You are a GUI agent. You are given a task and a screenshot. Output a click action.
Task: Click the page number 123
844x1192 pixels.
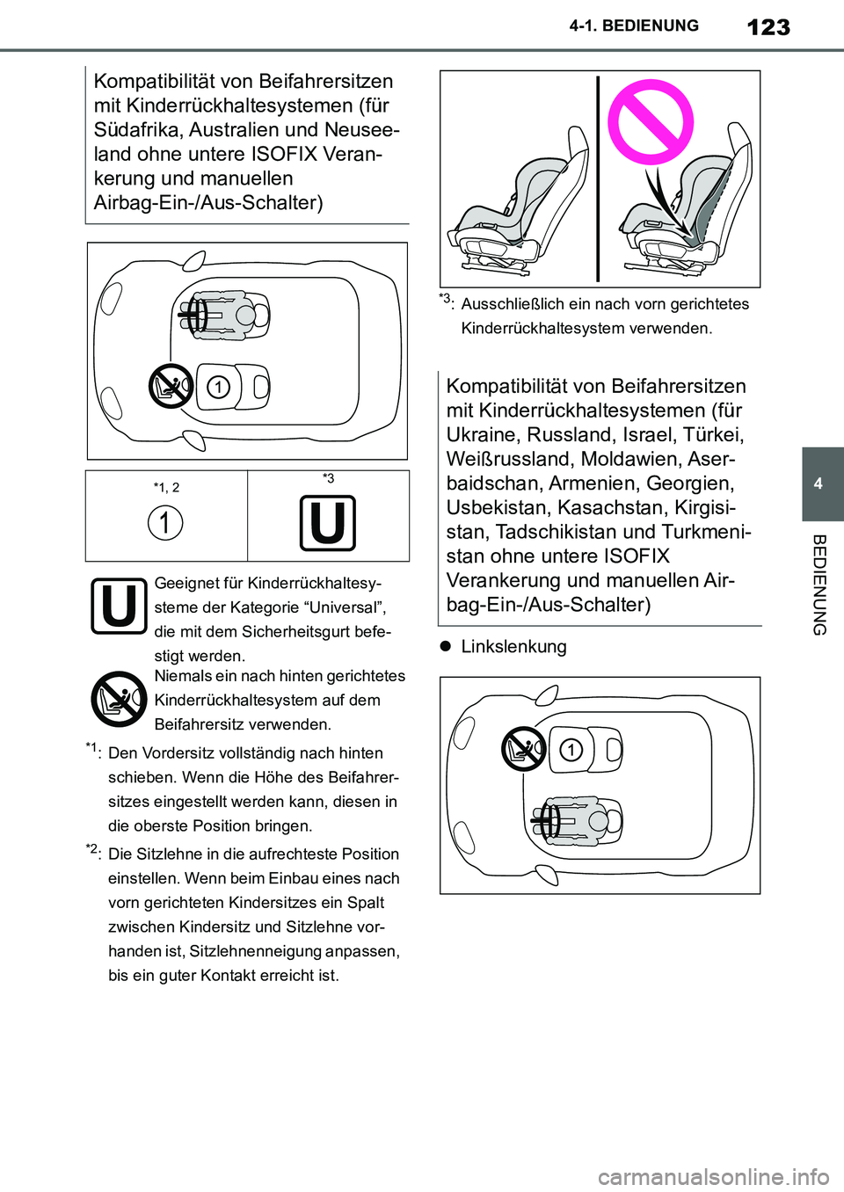click(x=768, y=27)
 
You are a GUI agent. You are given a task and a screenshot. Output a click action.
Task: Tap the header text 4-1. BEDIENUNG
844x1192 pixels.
click(x=634, y=26)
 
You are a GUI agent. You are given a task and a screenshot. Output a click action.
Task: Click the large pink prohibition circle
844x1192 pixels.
click(x=651, y=122)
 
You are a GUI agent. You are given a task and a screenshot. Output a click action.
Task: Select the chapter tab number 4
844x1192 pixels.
click(x=819, y=483)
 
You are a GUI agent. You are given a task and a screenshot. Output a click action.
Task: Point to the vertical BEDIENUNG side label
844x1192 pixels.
click(x=819, y=585)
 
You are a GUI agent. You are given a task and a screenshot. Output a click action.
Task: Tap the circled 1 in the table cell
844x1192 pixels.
click(x=165, y=522)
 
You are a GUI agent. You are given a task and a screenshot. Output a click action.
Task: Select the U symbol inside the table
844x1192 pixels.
click(x=328, y=523)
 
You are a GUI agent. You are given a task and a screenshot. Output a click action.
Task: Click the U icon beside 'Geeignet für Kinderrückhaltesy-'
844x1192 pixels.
click(x=119, y=607)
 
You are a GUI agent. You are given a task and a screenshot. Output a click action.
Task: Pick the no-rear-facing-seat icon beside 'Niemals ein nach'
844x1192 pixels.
click(x=119, y=700)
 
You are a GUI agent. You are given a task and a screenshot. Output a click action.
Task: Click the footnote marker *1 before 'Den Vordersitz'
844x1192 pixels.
click(x=92, y=749)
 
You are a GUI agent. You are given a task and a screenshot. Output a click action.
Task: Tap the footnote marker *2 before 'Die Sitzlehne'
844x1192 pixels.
click(x=92, y=850)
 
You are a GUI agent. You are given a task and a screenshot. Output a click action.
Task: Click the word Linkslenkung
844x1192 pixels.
click(x=513, y=647)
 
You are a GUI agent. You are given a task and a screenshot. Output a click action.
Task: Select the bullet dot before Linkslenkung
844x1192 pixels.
click(x=446, y=646)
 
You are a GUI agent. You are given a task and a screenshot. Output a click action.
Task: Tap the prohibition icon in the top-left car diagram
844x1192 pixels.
click(x=171, y=386)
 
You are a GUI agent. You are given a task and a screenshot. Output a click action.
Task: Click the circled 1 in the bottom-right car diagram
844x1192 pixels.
click(x=571, y=750)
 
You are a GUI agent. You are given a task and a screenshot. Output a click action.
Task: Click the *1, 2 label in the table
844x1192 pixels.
click(x=166, y=488)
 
